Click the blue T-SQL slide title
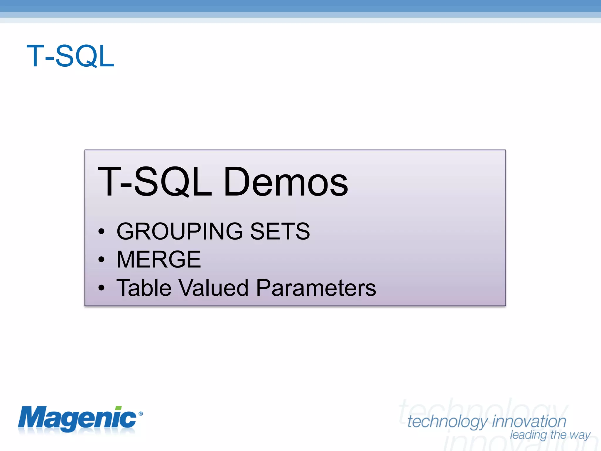(70, 56)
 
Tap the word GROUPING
(180, 231)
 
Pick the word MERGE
(158, 260)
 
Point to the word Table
(144, 288)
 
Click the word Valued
(214, 288)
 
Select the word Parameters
(316, 288)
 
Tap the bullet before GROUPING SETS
(101, 232)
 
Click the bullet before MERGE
(101, 260)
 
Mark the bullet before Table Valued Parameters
(101, 288)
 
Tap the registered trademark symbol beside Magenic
(141, 414)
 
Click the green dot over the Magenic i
(118, 408)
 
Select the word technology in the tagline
(448, 422)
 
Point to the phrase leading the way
(550, 435)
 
